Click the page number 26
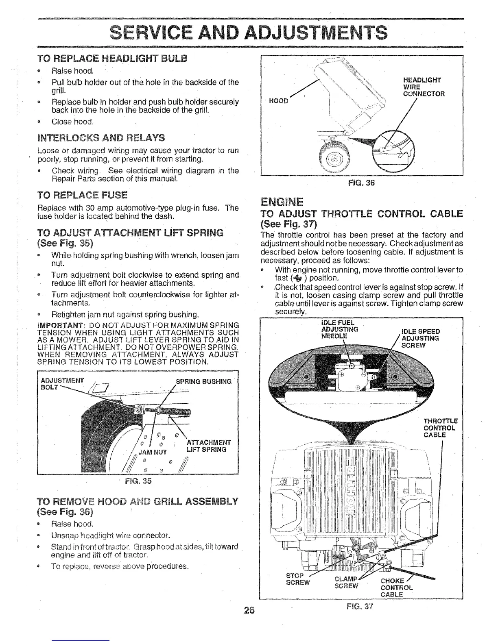(x=249, y=610)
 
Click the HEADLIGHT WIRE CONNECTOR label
(x=423, y=87)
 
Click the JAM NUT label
(x=153, y=451)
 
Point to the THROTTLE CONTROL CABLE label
(x=441, y=428)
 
